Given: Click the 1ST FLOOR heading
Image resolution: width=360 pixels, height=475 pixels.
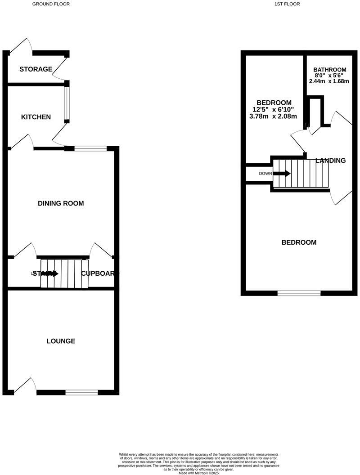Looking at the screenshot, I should pyautogui.click(x=287, y=4).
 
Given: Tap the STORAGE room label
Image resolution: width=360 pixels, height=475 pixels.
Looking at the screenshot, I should pyautogui.click(x=36, y=69).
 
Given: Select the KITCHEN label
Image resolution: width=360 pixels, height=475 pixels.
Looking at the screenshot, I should pyautogui.click(x=36, y=117).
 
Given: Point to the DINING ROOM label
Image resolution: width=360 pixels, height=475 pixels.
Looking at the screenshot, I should pyautogui.click(x=60, y=203).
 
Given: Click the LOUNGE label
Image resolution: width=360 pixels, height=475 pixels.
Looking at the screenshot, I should pyautogui.click(x=61, y=341).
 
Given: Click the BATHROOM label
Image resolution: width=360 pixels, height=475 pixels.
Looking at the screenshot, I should pyautogui.click(x=330, y=70).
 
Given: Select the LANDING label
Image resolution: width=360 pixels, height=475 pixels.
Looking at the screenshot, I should pyautogui.click(x=331, y=161).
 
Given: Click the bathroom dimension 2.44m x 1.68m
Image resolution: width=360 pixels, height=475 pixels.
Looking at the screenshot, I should pyautogui.click(x=329, y=81).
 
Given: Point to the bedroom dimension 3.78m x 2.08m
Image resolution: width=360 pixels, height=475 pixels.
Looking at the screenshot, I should pyautogui.click(x=273, y=117).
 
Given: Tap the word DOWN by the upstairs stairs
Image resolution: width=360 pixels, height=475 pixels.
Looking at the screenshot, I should pyautogui.click(x=265, y=174).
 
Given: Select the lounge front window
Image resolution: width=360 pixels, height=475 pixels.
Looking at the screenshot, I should pyautogui.click(x=81, y=393).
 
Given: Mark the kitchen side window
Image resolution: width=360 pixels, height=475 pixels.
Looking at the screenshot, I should pyautogui.click(x=67, y=104).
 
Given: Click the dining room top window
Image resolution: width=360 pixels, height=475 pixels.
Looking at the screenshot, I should pyautogui.click(x=90, y=148).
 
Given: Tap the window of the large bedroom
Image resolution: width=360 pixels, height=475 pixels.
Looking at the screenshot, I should pyautogui.click(x=299, y=293).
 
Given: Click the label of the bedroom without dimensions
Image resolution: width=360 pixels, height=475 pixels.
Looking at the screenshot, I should pyautogui.click(x=299, y=242).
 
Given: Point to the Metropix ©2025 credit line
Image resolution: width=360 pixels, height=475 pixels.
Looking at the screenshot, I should pyautogui.click(x=198, y=473).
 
